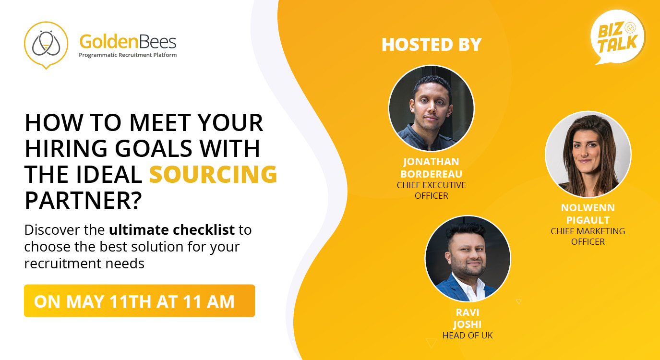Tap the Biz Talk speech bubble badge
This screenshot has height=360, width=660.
point(618,37)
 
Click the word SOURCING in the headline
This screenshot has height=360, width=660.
point(213,174)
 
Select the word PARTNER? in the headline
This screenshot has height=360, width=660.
point(84,200)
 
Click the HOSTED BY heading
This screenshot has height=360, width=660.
point(432,45)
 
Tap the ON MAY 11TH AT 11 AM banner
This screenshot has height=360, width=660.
point(139,301)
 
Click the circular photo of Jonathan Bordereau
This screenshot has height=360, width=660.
point(432,108)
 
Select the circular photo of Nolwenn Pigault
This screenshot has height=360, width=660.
point(588,154)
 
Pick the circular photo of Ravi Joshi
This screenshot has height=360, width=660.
point(468,259)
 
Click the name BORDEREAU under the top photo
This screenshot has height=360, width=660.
point(432,174)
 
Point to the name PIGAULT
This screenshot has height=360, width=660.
point(588,220)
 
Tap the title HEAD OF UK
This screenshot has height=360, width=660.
point(468,335)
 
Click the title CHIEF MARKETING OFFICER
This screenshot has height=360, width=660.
point(588,236)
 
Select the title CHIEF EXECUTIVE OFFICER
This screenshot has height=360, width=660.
point(432,190)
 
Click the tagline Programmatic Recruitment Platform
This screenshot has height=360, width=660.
point(128,55)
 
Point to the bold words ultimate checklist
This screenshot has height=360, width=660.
point(172,230)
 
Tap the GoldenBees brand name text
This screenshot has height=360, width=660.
point(128,42)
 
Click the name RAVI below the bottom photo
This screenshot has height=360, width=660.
point(468,312)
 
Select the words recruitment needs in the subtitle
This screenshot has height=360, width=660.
point(84,264)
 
